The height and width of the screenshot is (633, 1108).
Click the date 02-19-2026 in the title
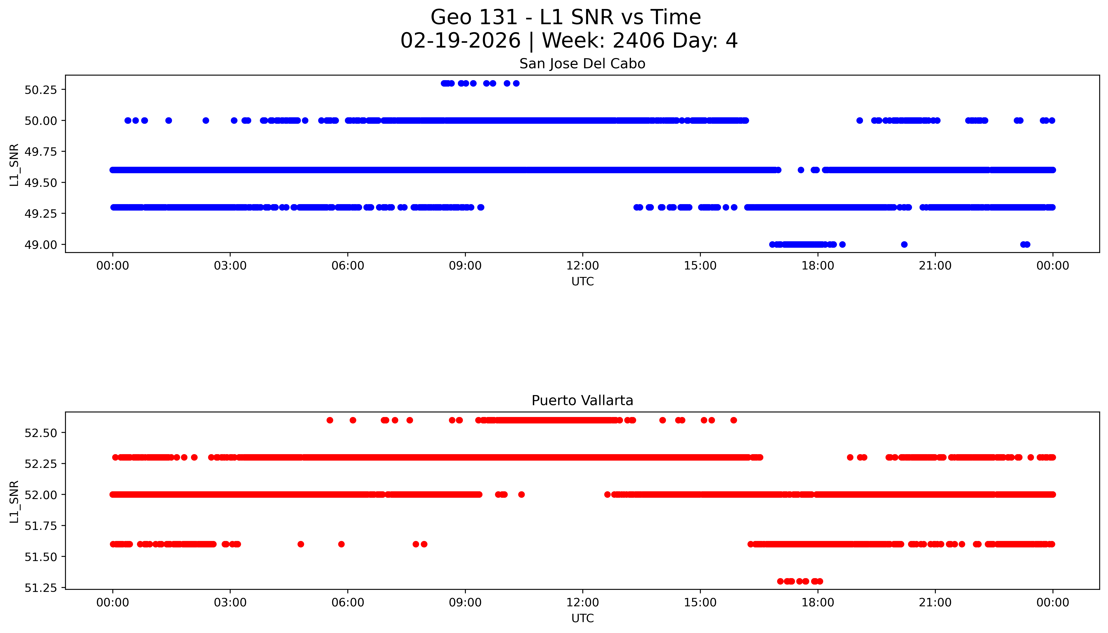[460, 41]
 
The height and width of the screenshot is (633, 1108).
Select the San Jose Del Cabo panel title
[582, 64]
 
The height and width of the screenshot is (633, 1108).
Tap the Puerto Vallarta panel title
[582, 401]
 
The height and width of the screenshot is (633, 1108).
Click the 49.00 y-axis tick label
[40, 245]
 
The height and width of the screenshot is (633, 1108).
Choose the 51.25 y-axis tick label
[40, 588]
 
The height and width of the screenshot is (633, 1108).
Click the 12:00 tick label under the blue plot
[582, 266]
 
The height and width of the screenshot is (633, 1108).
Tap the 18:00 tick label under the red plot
[817, 603]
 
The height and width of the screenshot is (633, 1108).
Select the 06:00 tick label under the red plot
[347, 603]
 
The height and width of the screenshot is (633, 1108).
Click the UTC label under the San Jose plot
[582, 282]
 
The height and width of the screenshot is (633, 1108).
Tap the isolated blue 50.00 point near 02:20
[206, 120]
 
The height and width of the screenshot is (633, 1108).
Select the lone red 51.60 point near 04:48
[301, 544]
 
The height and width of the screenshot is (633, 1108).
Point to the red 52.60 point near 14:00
[662, 420]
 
